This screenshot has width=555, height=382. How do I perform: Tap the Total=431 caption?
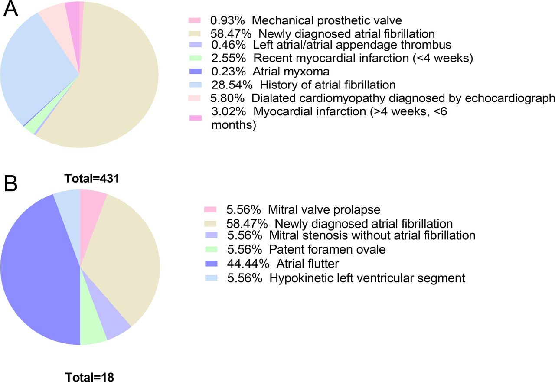tap(91, 178)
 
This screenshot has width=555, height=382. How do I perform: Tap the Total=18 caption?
tap(89, 377)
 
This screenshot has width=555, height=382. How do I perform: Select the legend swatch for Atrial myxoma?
tap(196, 72)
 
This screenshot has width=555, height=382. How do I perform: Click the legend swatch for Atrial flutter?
tap(211, 264)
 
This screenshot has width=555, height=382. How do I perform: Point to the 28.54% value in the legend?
tap(232, 85)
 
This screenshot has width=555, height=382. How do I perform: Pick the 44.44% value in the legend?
tap(248, 264)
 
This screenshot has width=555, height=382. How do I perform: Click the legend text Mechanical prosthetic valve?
tap(327, 20)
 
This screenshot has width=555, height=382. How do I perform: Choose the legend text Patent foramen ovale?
tap(327, 249)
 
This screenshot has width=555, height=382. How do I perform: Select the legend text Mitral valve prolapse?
tap(324, 210)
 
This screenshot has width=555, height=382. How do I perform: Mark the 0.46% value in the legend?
tap(229, 45)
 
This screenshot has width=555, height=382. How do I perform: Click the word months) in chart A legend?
tap(234, 125)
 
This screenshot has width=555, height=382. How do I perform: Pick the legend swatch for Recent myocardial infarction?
tap(196, 58)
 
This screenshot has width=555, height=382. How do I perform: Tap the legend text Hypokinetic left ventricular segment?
tap(367, 278)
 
